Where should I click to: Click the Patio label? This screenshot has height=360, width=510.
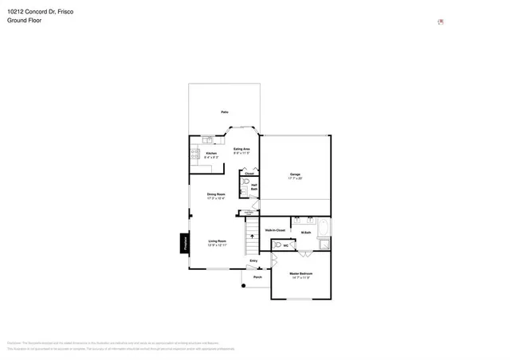[x=225, y=112]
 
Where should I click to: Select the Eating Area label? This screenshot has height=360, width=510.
[x=242, y=149]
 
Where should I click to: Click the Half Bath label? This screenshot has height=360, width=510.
[x=254, y=187]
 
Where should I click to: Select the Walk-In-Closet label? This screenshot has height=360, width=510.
[x=275, y=231]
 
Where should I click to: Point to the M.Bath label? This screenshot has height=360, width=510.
[x=306, y=232]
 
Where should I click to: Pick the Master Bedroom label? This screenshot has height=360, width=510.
[x=300, y=274]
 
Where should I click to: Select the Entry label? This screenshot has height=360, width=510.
[x=253, y=260]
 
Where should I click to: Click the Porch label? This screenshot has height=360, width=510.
[x=257, y=277]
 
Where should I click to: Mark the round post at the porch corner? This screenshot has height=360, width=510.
[x=245, y=284]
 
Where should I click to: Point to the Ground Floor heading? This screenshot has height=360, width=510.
[x=25, y=21]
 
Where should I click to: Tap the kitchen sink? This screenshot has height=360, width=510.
[x=208, y=139]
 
